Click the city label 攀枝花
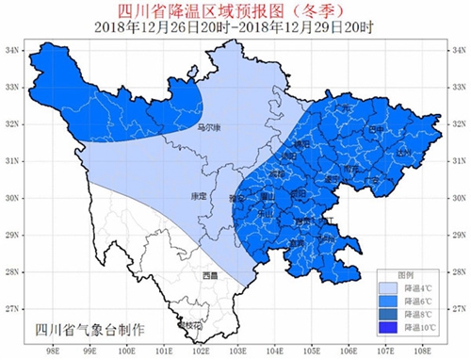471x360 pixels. (x=188, y=325)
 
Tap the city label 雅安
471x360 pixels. (x=237, y=200)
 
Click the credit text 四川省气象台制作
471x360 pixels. (x=89, y=330)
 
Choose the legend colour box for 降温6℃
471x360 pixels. (x=387, y=302)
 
